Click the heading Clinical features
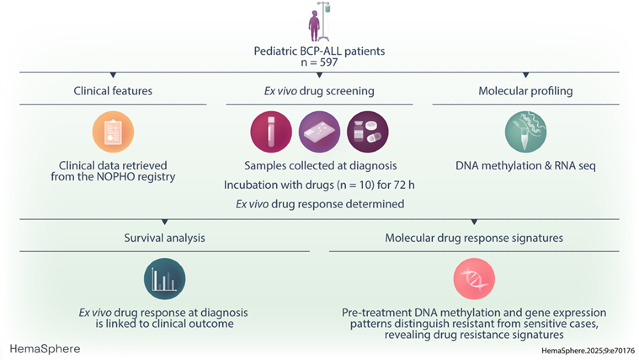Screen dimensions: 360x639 click(113, 91)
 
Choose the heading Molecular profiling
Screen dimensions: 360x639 click(525, 91)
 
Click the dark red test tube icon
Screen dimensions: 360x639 click(271, 131)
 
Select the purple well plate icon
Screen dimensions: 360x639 click(319, 131)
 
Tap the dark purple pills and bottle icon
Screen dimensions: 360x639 click(367, 131)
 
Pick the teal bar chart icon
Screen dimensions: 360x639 click(164, 279)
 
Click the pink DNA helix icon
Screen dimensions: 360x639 click(474, 279)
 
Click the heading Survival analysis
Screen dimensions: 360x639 click(164, 238)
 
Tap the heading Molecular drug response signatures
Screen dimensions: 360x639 click(474, 238)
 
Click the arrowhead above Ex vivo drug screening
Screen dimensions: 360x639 click(319, 75)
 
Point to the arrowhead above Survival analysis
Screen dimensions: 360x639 click(164, 222)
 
